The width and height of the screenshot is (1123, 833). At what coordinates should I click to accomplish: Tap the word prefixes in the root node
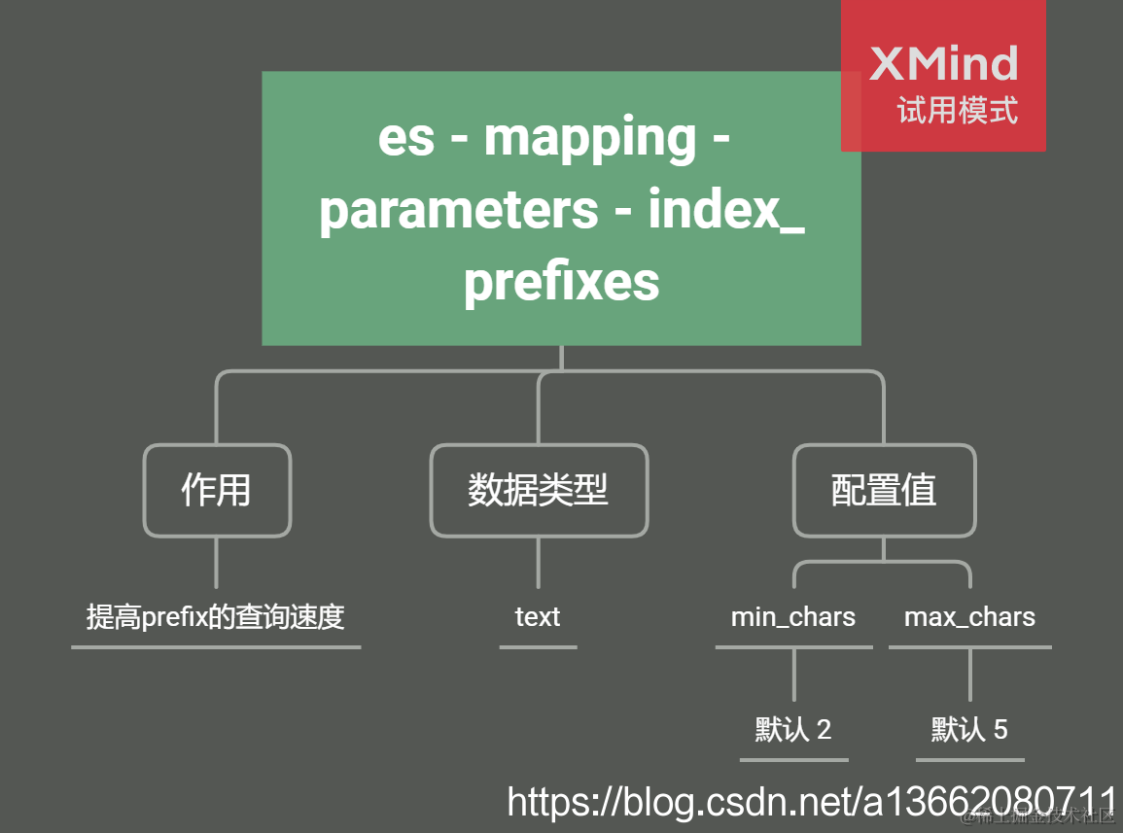click(x=561, y=283)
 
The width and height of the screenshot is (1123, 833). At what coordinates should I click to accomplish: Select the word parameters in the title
click(x=459, y=211)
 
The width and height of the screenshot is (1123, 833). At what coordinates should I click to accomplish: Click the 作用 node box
click(x=217, y=490)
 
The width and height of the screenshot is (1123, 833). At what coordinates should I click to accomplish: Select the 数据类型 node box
click(x=539, y=490)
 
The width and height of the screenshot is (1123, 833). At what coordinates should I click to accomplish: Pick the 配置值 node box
click(x=884, y=490)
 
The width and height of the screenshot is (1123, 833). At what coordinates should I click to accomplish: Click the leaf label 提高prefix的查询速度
click(x=216, y=617)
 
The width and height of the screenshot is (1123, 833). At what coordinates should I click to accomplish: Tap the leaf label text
click(x=538, y=617)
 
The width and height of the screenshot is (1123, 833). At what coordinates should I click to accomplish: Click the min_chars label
click(x=793, y=617)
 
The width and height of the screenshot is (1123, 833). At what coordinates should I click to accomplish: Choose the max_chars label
click(x=969, y=617)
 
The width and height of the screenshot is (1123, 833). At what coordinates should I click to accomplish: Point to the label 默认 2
click(x=793, y=730)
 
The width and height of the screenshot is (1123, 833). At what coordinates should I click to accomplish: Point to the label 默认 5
click(x=969, y=730)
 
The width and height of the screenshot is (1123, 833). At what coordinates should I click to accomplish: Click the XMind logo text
click(x=943, y=64)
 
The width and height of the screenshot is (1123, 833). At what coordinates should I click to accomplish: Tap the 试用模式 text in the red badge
click(x=958, y=111)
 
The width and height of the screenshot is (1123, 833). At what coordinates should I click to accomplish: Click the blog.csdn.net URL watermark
click(x=812, y=803)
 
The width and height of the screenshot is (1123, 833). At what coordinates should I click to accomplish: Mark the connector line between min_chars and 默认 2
click(x=794, y=675)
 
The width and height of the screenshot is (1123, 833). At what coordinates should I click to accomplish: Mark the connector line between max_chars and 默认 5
click(x=970, y=675)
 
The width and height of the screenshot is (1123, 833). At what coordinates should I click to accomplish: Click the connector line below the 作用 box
click(x=217, y=564)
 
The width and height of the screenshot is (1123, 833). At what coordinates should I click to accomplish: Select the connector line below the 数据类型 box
click(x=539, y=564)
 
